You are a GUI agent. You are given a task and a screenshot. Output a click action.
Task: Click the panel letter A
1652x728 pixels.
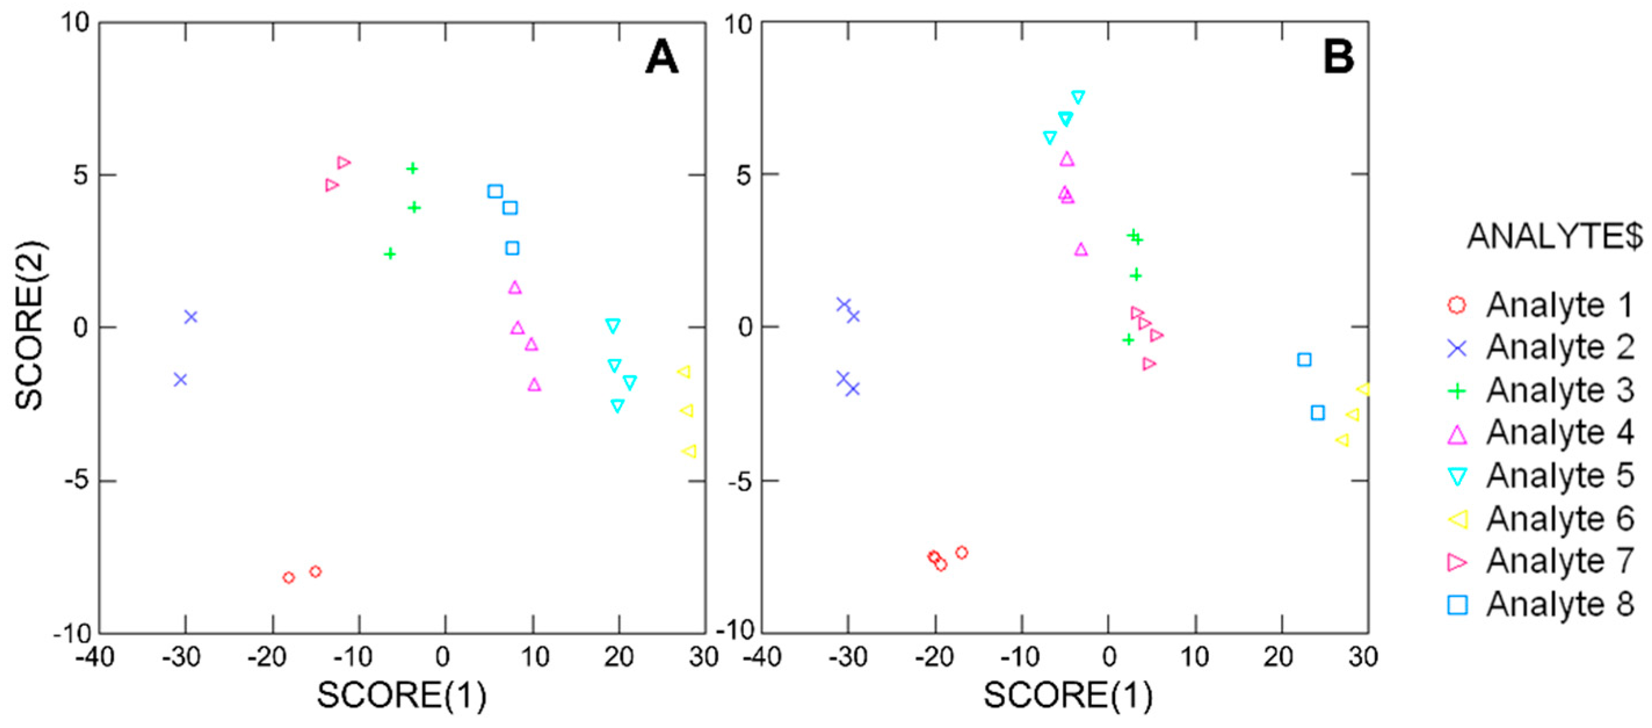pos(661,57)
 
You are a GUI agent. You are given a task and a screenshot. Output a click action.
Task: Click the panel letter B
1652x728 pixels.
pos(1338,56)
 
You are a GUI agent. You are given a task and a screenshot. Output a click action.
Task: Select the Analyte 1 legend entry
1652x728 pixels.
pos(1539,305)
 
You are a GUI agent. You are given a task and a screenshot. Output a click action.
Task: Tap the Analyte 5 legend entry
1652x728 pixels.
pos(1539,476)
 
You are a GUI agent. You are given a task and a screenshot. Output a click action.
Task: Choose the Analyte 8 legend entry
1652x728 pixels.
pos(1539,604)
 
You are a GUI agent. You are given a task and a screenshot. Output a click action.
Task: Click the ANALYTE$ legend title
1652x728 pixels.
pos(1555,236)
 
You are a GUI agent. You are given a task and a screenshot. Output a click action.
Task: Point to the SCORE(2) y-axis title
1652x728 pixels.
pos(30,325)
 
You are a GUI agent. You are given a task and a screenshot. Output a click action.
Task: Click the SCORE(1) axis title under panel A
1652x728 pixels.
pos(401,696)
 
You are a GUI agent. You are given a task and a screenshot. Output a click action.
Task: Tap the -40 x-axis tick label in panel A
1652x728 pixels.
pos(95,657)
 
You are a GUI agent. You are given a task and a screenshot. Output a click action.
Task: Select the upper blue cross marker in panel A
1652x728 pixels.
pos(190,317)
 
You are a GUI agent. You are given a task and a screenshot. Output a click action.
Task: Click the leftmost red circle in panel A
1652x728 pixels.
pos(289,577)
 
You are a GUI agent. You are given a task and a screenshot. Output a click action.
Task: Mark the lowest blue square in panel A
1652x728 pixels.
pos(512,248)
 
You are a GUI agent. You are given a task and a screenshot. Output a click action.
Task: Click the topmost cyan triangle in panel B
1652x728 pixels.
pos(1078,97)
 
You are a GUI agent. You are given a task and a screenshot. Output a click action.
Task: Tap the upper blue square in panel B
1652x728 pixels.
pos(1304,360)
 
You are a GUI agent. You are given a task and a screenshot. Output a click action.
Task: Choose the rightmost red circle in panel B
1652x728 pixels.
pos(961,552)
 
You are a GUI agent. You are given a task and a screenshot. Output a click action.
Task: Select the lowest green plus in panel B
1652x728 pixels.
pos(1128,339)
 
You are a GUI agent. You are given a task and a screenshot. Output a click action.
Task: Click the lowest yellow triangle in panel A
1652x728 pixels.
pos(689,451)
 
